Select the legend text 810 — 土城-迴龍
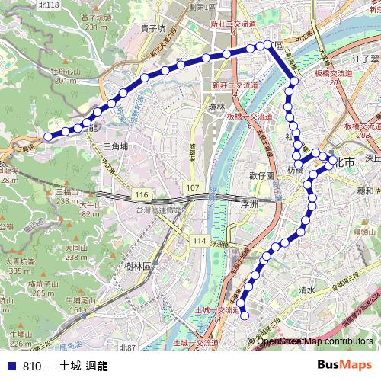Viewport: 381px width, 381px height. [x=66, y=366]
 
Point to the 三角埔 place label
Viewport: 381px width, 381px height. [x=116, y=146]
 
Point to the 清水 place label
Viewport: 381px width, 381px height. [x=307, y=290]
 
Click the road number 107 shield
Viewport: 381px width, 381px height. [x=193, y=187]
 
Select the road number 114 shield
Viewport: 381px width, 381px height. [x=200, y=241]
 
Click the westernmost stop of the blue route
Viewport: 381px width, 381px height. [x=48, y=136]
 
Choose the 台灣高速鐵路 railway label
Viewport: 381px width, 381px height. [x=158, y=210]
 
